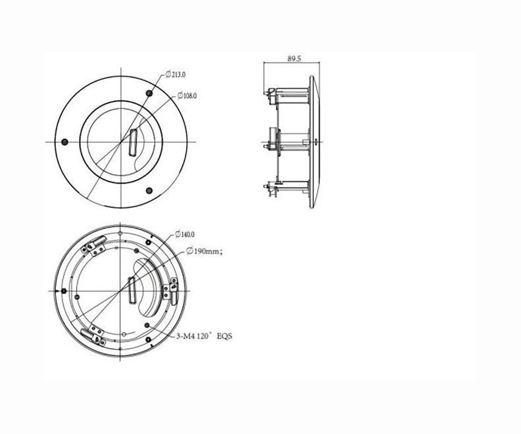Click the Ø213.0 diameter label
(176, 74)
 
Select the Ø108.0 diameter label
(187, 95)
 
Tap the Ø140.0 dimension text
(185, 235)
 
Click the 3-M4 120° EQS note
(205, 336)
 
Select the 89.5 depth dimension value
(295, 59)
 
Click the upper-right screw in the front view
(149, 93)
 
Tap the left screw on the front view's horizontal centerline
(64, 142)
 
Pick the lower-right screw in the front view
(149, 191)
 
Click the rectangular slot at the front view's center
(133, 142)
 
